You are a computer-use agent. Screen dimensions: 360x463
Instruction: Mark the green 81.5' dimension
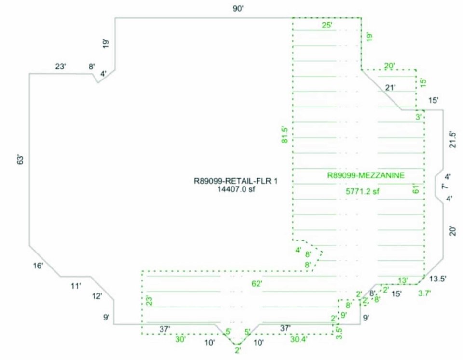(x=285, y=134)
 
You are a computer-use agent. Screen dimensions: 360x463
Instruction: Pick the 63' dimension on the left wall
(x=20, y=160)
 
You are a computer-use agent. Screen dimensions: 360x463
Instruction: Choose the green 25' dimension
(x=327, y=25)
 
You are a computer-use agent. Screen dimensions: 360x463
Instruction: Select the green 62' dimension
(x=256, y=284)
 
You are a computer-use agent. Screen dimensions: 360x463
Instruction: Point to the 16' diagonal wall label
(x=38, y=266)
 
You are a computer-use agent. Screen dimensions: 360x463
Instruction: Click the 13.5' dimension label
(x=438, y=278)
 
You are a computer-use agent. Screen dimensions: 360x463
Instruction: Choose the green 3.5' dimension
(x=339, y=333)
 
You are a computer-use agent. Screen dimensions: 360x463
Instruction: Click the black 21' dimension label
(x=391, y=87)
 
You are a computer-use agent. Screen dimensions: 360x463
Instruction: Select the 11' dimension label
(x=75, y=287)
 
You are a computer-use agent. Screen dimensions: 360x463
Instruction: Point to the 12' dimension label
(x=97, y=296)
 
